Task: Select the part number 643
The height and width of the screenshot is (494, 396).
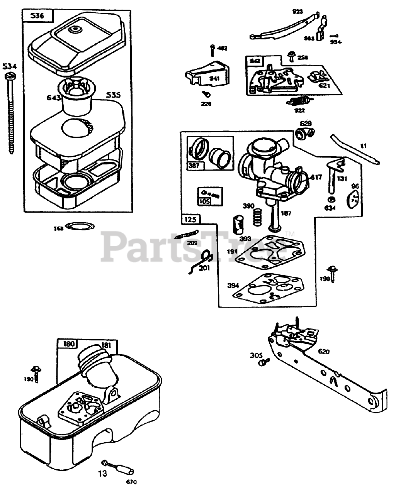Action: (53, 98)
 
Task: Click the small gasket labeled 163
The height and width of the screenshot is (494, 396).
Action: (80, 226)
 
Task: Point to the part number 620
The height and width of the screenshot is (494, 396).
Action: (324, 351)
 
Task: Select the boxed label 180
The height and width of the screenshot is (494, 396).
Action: (67, 343)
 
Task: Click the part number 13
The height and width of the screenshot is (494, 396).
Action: (102, 474)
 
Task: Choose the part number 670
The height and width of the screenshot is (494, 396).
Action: (131, 482)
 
